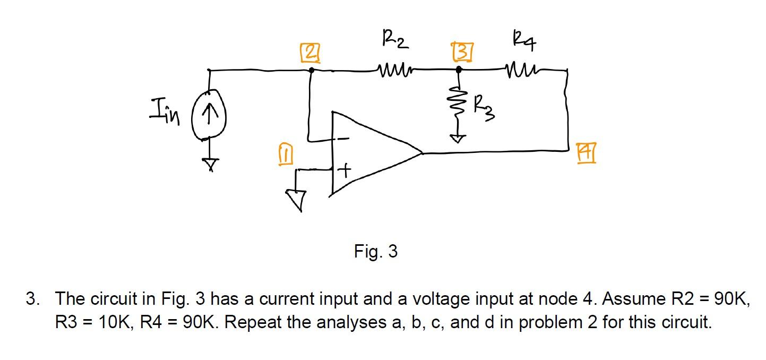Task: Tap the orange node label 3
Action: pos(459,54)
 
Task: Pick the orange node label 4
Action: pos(587,157)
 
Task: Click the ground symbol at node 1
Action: pos(296,199)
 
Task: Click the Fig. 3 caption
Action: pos(376,251)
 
